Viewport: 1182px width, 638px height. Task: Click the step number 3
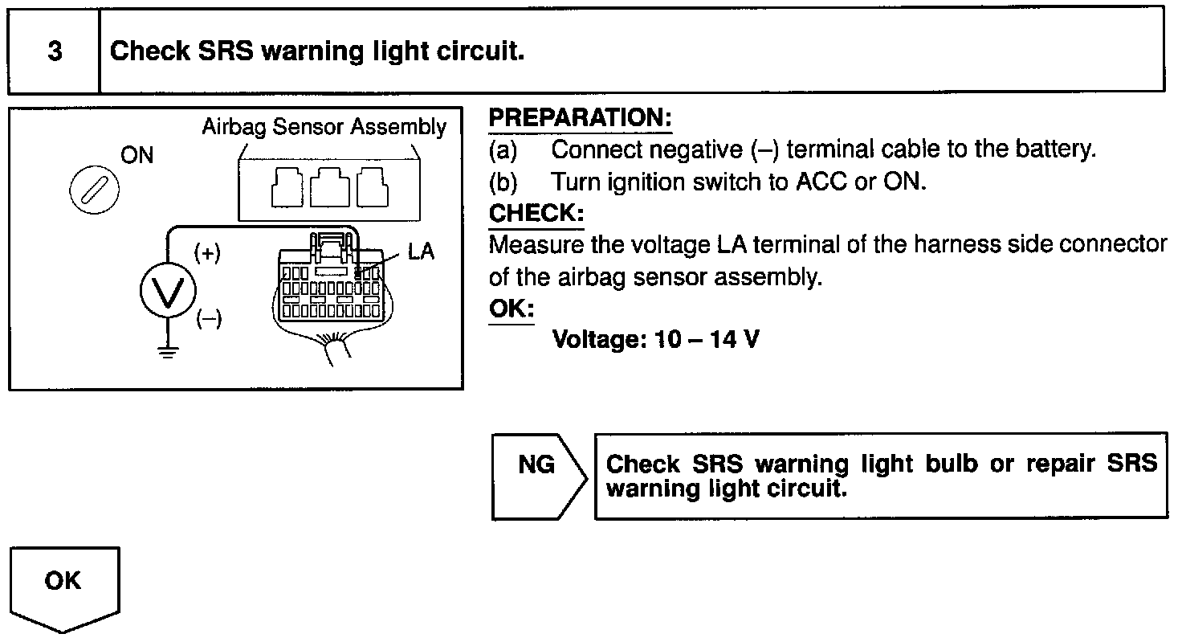tap(55, 51)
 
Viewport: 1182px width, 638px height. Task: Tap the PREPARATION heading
tap(580, 118)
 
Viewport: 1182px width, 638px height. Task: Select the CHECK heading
tap(536, 214)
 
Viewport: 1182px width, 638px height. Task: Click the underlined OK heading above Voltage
tap(511, 309)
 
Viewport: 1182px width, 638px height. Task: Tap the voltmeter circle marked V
tap(167, 292)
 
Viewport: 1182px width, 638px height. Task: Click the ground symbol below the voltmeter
tap(167, 352)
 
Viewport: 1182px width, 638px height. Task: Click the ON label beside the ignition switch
tap(137, 156)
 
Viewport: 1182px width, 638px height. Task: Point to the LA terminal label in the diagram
tap(421, 252)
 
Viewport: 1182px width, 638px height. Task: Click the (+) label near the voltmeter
tap(207, 254)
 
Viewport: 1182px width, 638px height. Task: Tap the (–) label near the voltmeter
tap(209, 319)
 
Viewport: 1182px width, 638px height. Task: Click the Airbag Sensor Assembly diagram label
tap(324, 127)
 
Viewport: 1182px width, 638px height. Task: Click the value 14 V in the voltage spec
tap(734, 339)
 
